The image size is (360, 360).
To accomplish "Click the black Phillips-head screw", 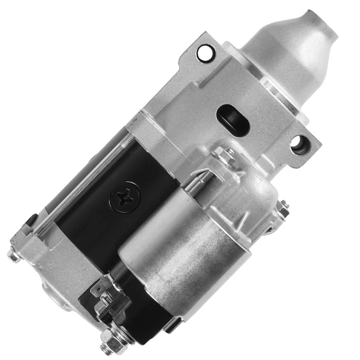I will tap(125, 196).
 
